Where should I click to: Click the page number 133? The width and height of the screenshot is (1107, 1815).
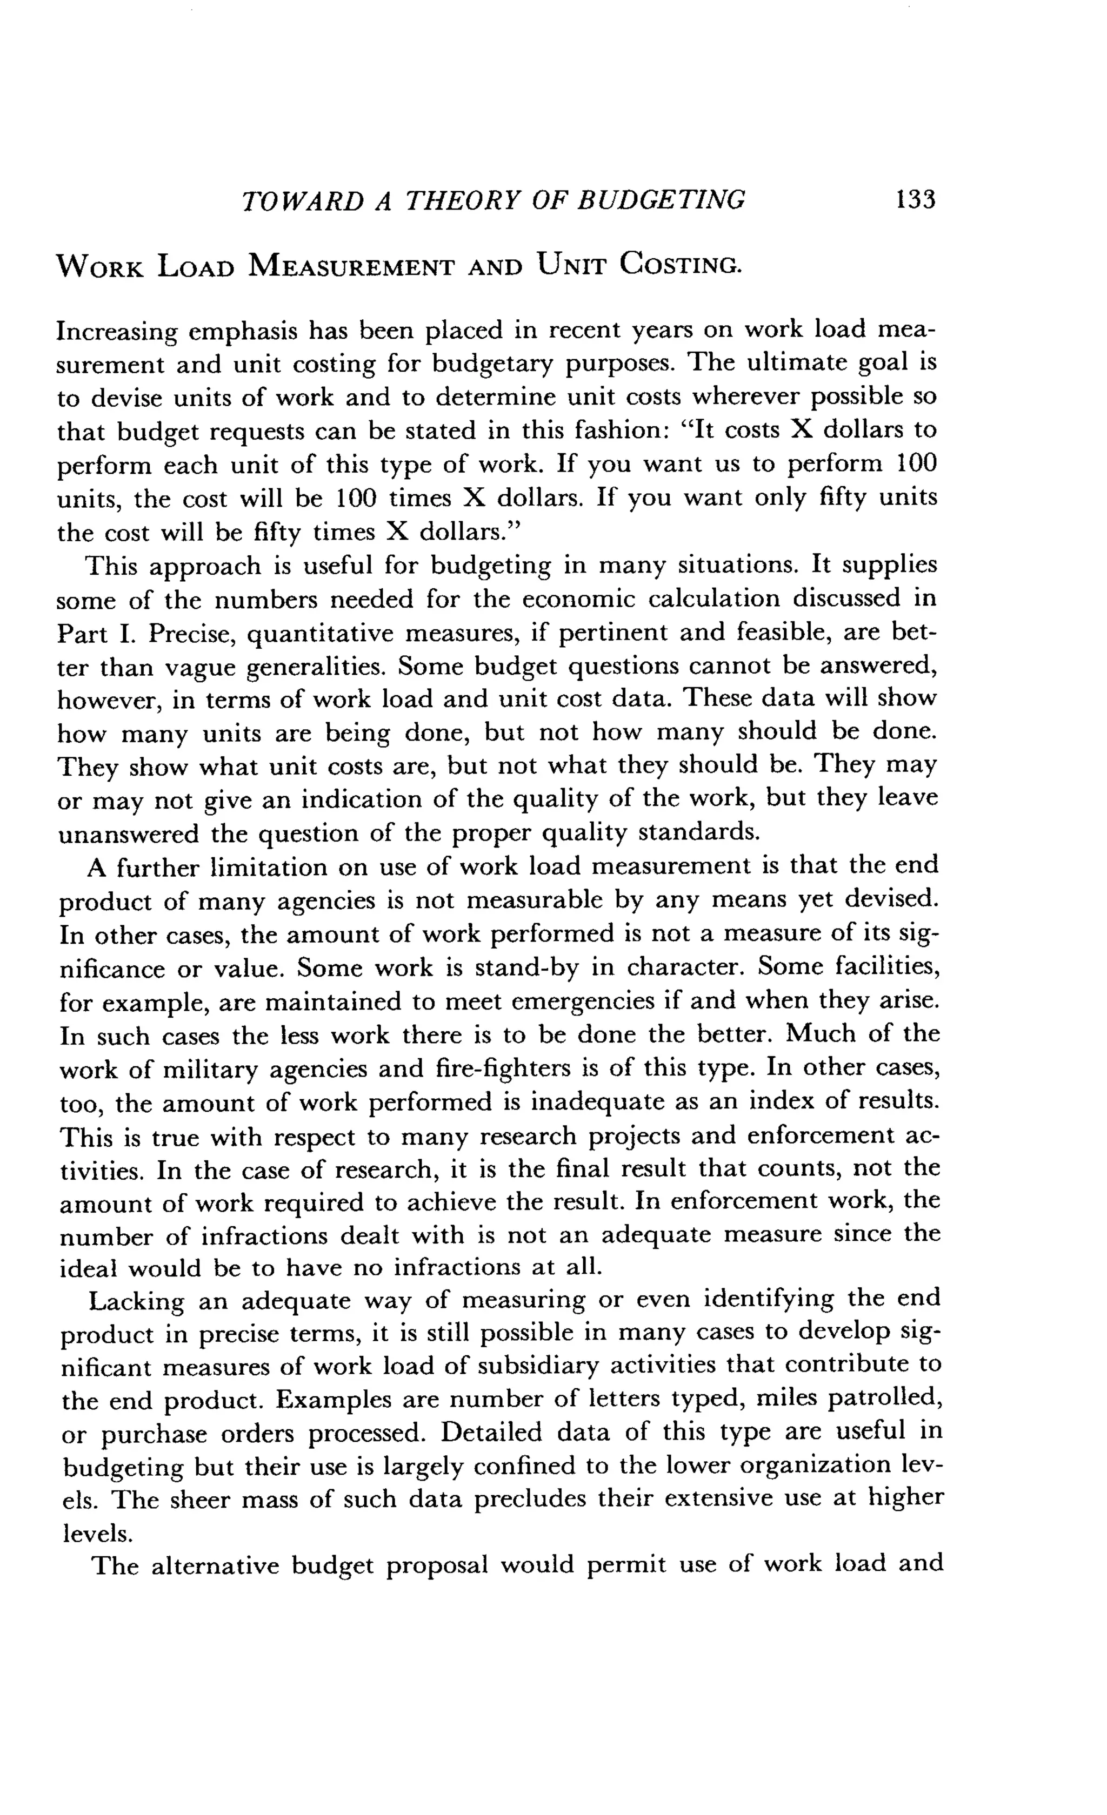click(x=915, y=200)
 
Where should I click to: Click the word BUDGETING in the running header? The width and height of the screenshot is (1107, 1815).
click(x=661, y=200)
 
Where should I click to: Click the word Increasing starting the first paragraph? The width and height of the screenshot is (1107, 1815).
click(x=116, y=331)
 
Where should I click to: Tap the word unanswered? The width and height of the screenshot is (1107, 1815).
click(x=128, y=835)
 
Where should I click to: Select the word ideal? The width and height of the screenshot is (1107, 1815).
click(x=89, y=1268)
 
